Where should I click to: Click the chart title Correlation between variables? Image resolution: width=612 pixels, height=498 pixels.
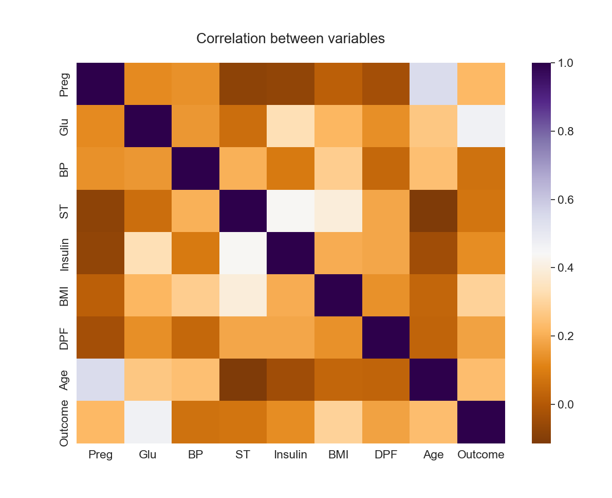[x=290, y=39]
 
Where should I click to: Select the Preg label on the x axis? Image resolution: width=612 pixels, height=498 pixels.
[x=100, y=455]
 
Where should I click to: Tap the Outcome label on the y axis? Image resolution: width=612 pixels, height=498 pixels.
[x=64, y=422]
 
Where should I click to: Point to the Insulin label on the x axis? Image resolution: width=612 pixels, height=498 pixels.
[x=290, y=455]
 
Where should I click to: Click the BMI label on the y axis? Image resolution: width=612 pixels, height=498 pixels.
[x=64, y=295]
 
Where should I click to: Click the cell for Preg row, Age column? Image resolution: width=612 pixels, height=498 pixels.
[x=433, y=84]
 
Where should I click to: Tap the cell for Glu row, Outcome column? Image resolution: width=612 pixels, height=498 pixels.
[x=481, y=126]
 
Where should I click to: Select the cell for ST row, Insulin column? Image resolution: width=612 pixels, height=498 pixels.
[x=290, y=211]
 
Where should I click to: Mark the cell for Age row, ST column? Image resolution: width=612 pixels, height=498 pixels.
[x=243, y=380]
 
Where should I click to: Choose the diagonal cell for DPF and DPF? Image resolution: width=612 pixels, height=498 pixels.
[x=386, y=337]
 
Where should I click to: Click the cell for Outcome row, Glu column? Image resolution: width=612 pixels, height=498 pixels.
[x=148, y=422]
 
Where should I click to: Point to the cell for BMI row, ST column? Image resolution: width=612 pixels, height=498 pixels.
[x=243, y=295]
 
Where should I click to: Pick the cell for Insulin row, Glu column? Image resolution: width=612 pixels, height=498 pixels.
[x=148, y=253]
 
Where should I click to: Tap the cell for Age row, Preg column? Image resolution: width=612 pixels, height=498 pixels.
[x=100, y=380]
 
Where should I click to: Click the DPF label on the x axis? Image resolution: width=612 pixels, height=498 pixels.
[x=386, y=455]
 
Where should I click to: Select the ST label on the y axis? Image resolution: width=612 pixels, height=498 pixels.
[x=64, y=211]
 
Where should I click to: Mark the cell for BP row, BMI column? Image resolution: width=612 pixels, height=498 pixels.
[x=338, y=168]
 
